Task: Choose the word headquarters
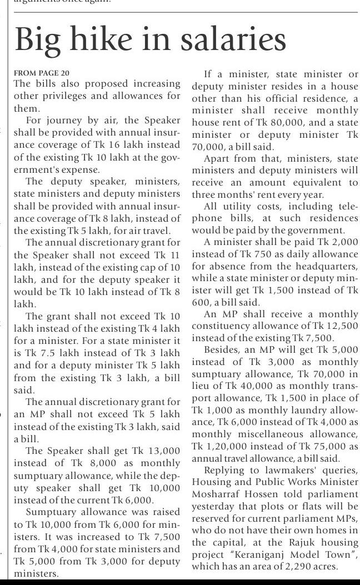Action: [321, 266]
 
